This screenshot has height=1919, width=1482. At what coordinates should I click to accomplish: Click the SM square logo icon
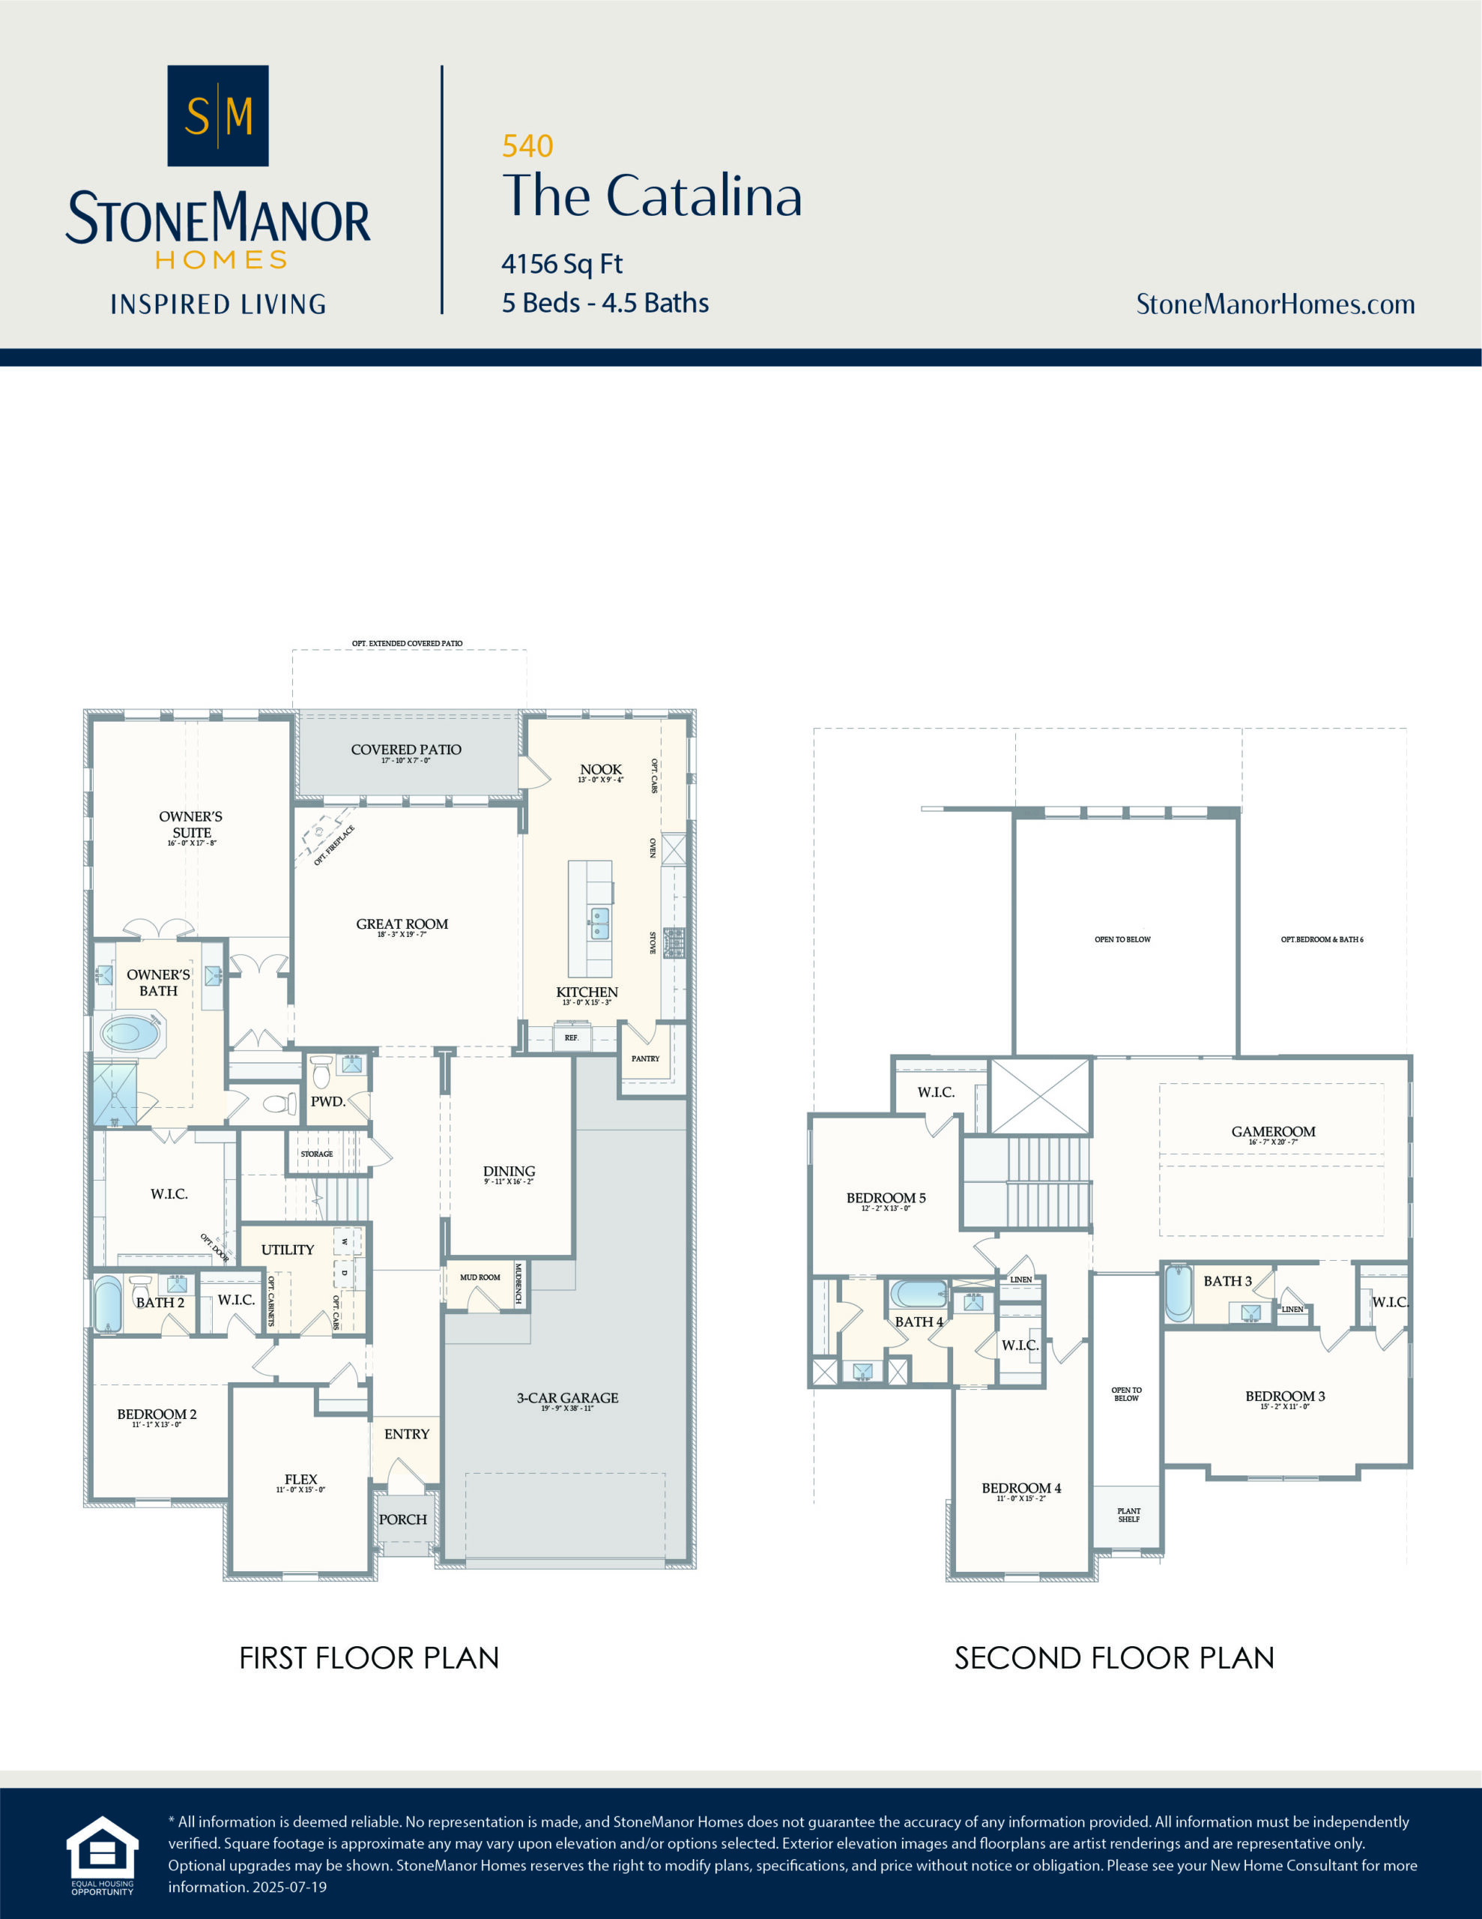218,115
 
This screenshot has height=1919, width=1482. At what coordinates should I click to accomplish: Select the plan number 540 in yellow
527,146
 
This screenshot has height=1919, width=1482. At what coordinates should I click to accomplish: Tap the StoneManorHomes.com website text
1274,304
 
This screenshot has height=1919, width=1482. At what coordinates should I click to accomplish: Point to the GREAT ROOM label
402,924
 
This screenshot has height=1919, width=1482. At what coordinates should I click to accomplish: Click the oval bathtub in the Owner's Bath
132,1032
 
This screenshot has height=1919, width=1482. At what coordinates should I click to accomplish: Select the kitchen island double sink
599,924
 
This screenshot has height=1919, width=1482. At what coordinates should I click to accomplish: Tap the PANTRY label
645,1058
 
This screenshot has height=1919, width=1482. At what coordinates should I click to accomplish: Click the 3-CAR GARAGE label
566,1397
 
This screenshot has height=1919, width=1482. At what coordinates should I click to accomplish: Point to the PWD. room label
327,1101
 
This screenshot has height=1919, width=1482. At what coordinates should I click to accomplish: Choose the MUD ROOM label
480,1277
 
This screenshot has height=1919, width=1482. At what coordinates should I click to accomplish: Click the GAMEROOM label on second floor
1273,1132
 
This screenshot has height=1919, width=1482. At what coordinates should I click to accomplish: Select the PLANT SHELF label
1129,1515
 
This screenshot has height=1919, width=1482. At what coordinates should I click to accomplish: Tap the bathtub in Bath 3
1178,1292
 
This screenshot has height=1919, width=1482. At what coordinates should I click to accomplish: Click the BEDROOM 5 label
886,1198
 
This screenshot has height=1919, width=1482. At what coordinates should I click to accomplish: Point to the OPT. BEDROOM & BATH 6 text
1321,939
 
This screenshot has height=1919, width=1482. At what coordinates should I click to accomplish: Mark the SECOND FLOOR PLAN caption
1114,1658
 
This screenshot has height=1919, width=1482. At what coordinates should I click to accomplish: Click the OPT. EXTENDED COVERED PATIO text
407,643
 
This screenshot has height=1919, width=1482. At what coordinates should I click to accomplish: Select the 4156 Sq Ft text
561,264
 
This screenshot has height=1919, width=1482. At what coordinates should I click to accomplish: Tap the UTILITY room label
287,1250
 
